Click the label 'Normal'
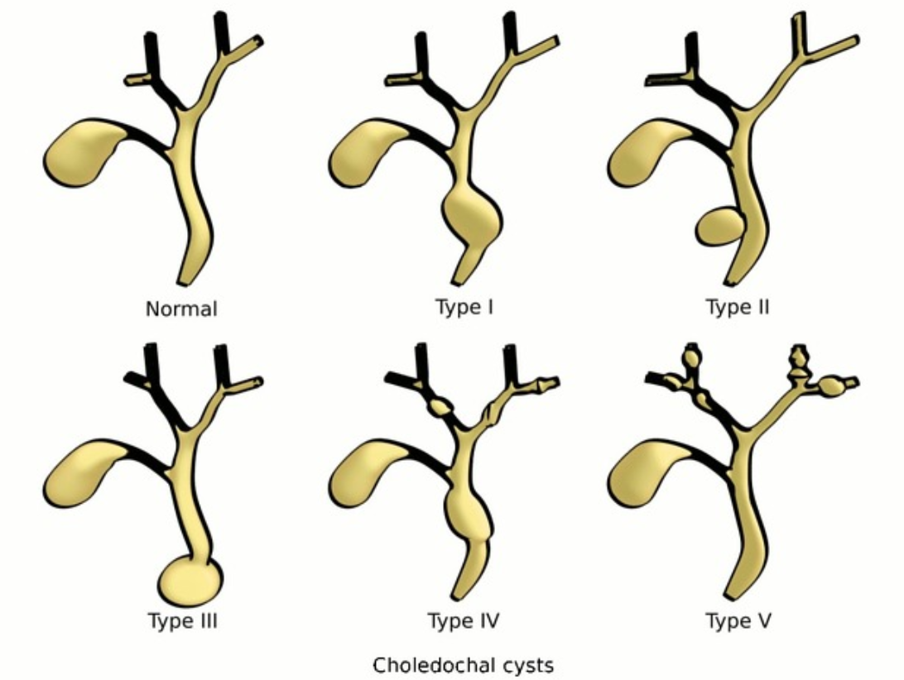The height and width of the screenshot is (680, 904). [181, 309]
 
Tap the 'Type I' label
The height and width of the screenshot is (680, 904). [464, 308]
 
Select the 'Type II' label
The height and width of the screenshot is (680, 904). [738, 308]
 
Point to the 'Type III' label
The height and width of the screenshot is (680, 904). [183, 620]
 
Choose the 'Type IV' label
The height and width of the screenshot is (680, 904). [464, 620]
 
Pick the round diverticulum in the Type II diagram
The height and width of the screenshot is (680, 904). [719, 226]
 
